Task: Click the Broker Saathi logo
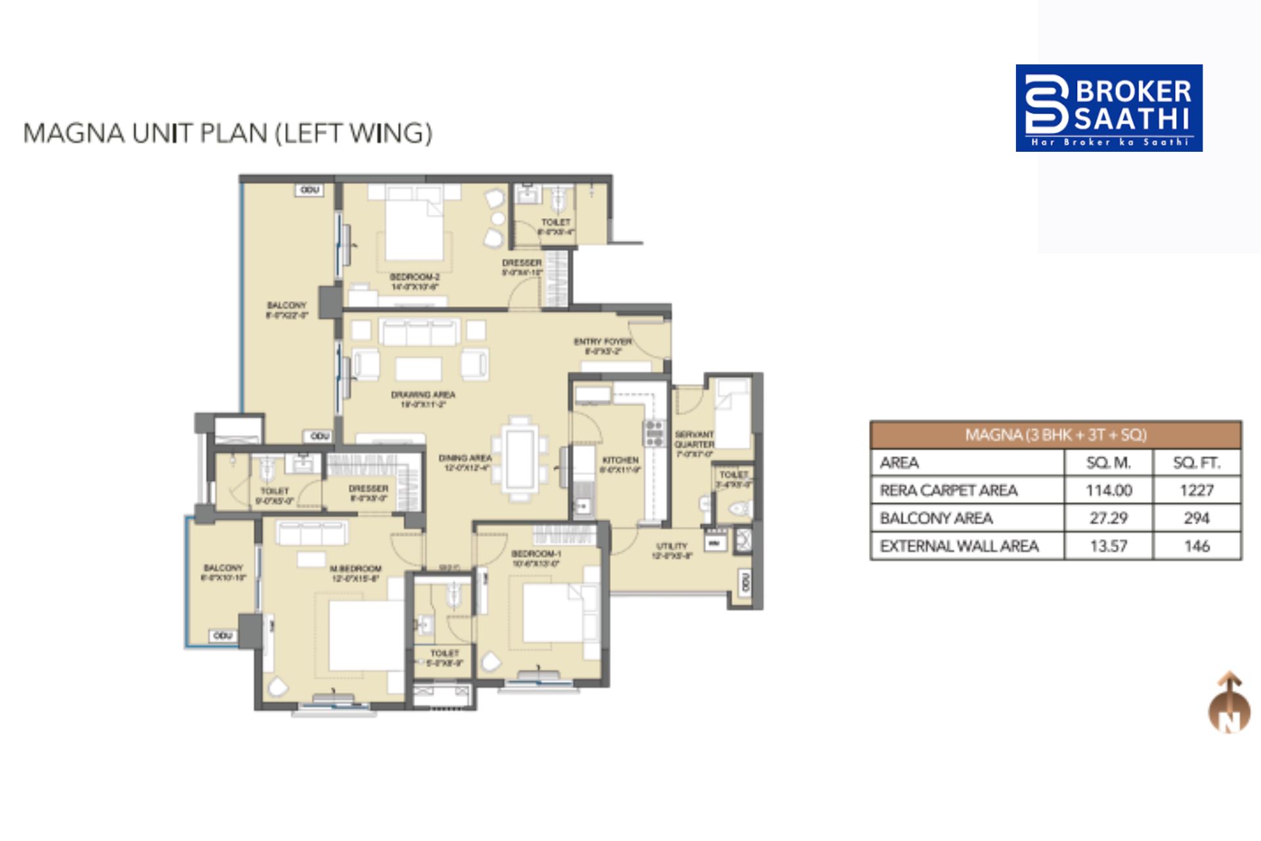1109,108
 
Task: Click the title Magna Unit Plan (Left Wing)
228,133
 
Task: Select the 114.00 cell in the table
1108,490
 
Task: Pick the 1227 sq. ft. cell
1196,490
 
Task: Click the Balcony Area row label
936,518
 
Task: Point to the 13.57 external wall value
1108,546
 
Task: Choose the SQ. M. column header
1108,463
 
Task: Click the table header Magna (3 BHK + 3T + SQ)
1055,435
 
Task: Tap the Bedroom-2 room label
414,277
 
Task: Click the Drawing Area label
423,395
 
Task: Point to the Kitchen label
620,460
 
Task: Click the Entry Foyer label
602,342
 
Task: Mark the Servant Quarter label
694,439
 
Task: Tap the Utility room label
672,546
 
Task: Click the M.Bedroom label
355,568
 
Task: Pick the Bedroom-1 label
536,554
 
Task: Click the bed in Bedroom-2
414,227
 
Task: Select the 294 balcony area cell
1196,518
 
